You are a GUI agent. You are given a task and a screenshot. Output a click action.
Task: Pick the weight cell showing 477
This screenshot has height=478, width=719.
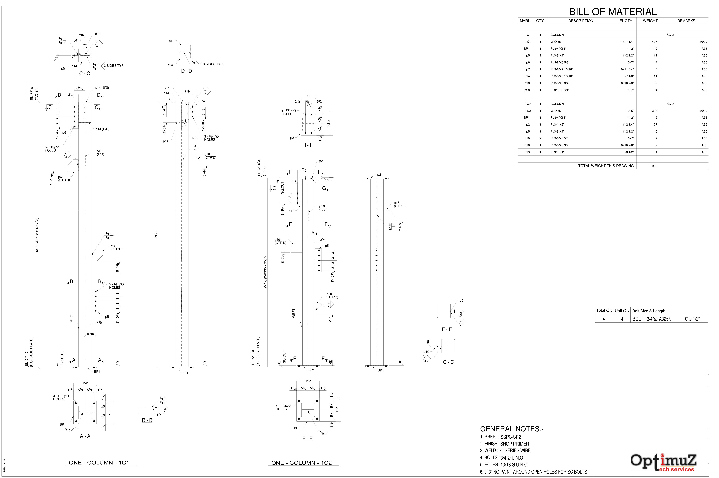(x=654, y=42)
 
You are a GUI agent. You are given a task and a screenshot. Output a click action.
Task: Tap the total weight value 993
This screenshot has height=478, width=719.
(x=654, y=166)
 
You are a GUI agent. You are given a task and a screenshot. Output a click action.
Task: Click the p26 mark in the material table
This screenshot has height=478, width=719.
(x=527, y=90)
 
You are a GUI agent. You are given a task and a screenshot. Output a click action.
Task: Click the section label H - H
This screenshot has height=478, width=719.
(x=307, y=145)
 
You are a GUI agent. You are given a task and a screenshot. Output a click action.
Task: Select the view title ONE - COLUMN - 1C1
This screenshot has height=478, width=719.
(x=99, y=463)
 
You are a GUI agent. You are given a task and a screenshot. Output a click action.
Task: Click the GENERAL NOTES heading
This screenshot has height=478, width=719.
(x=512, y=429)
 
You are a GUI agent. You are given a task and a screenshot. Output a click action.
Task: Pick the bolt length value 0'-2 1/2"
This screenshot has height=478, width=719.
(x=692, y=319)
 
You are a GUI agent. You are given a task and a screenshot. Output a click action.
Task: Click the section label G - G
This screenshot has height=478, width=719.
(x=448, y=362)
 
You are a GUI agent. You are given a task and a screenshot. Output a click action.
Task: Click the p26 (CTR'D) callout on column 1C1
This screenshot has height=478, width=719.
(x=116, y=248)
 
